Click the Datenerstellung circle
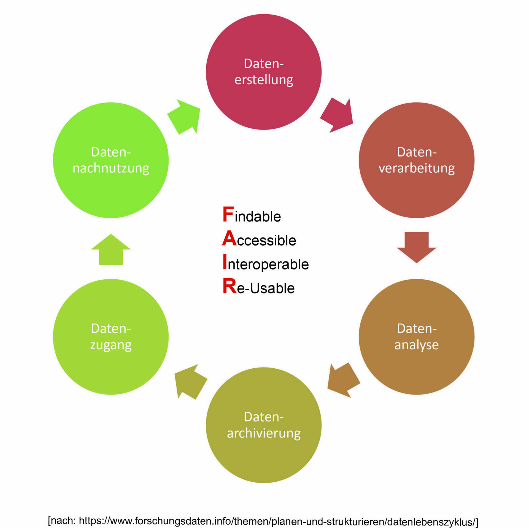click(x=263, y=72)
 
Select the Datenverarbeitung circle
click(x=416, y=160)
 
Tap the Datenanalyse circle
click(x=416, y=337)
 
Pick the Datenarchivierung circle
click(x=263, y=425)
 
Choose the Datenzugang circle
click(x=110, y=337)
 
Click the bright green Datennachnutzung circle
click(x=110, y=160)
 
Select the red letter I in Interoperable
click(x=225, y=262)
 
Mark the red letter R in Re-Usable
click(x=230, y=286)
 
